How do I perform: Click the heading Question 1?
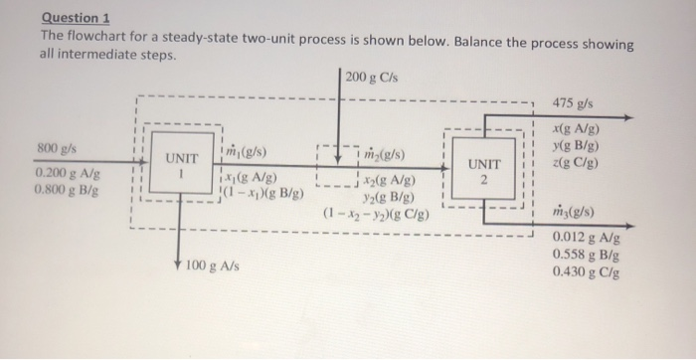(x=76, y=18)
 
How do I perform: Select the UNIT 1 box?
(x=182, y=165)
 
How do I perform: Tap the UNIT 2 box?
(x=481, y=172)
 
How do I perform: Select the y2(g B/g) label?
(x=382, y=197)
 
